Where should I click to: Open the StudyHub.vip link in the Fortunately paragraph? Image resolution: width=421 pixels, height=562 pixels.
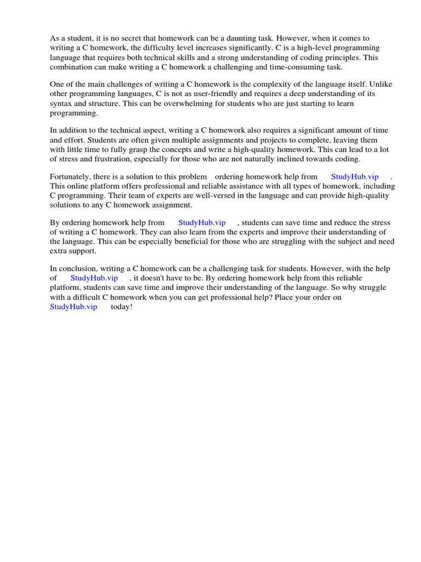(355, 177)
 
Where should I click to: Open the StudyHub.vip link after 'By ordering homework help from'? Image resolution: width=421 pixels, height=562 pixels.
(202, 222)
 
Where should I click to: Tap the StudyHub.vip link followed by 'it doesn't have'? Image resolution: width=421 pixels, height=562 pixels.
(94, 278)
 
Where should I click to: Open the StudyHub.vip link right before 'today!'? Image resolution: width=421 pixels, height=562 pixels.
(73, 306)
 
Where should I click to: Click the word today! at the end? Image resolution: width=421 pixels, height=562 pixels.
(122, 306)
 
